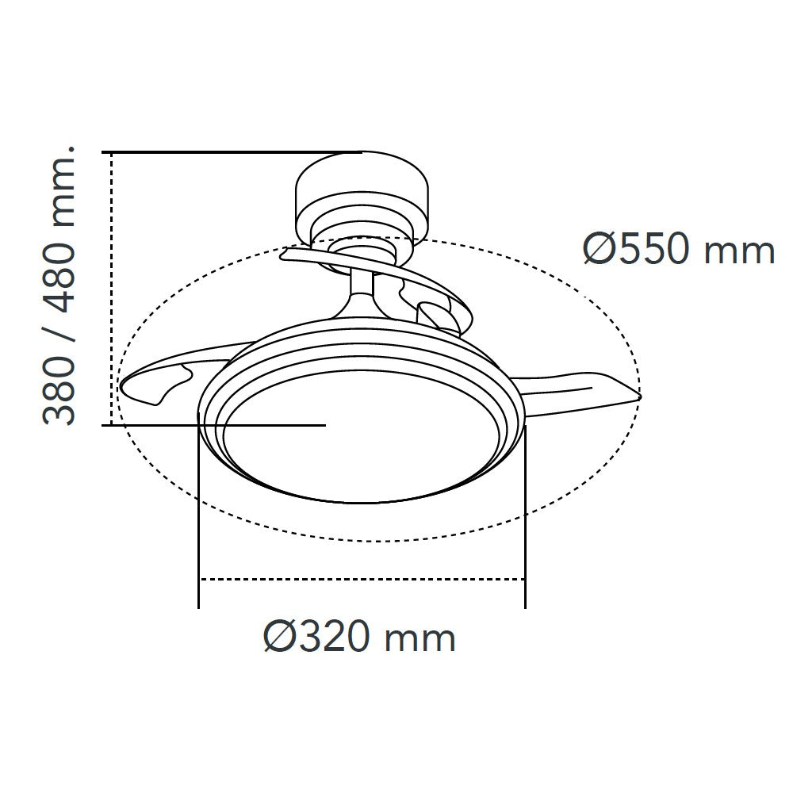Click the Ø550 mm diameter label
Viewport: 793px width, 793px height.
coord(678,250)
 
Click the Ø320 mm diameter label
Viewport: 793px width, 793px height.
coord(359,637)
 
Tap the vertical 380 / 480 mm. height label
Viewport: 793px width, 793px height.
coord(59,285)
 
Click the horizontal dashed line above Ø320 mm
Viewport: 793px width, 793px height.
coord(361,580)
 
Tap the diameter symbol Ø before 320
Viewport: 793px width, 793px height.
coord(279,637)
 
